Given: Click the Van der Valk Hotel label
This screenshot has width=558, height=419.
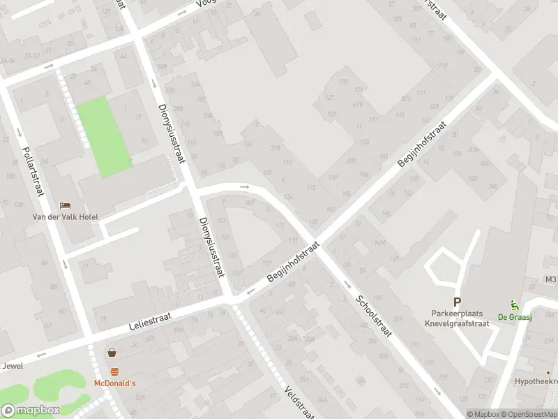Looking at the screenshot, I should click(66, 216).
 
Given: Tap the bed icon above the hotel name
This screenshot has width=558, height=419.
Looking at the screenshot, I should click(65, 205).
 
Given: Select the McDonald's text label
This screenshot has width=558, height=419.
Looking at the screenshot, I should click(114, 383).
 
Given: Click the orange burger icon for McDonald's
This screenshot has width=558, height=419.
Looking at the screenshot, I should click(114, 371).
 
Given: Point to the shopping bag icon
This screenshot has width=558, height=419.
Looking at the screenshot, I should click(112, 353).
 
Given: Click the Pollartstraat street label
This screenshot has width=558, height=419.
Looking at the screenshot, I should click(33, 171).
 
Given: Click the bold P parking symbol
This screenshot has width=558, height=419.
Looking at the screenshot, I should click(457, 302).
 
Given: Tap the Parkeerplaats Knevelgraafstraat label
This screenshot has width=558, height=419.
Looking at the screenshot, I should click(457, 318).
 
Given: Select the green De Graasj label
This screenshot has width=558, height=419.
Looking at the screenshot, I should click(511, 316).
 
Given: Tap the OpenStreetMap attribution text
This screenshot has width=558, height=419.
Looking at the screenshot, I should click(530, 414).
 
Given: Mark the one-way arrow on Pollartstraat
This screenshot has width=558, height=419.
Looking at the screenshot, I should click(64, 263).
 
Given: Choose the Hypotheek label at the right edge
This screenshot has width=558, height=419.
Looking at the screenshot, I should click(536, 382).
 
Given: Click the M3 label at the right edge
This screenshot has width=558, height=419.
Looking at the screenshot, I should click(551, 279).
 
